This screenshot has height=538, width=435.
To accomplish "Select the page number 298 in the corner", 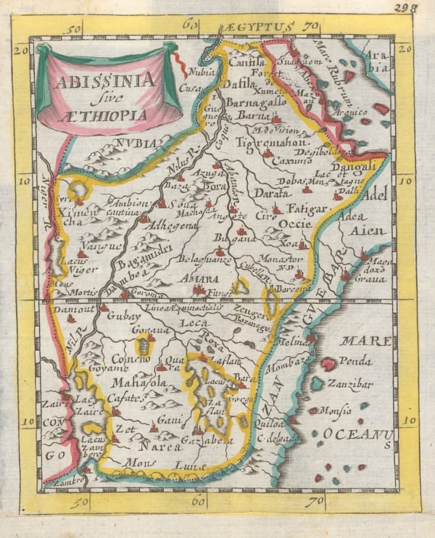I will coord(420,8).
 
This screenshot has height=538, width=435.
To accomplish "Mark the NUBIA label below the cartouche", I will coord(136,143).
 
